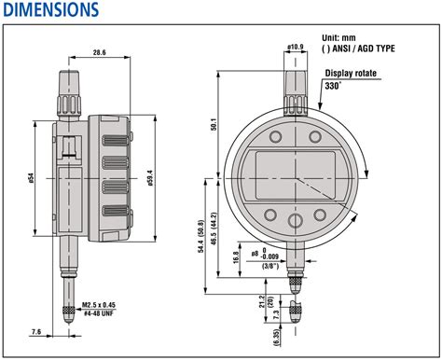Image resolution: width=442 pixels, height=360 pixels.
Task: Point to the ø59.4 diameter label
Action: [150, 176]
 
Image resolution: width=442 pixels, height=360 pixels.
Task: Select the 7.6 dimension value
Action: [35, 331]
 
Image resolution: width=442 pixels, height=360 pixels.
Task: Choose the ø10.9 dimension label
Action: [294, 46]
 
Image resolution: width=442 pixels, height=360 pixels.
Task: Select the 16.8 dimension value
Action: [236, 255]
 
